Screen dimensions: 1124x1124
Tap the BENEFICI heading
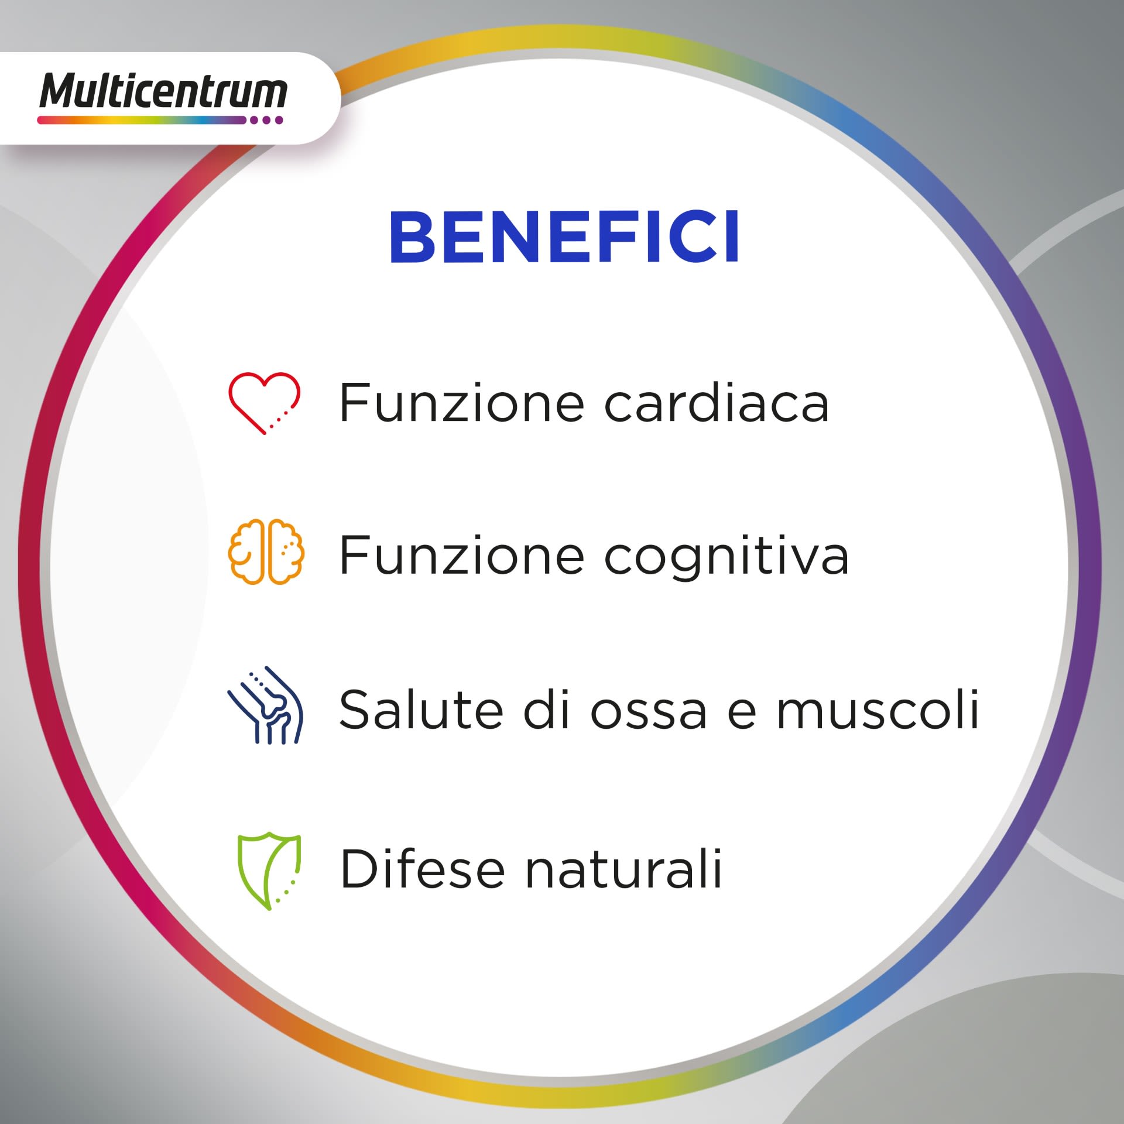click(x=564, y=237)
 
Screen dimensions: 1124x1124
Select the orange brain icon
click(x=266, y=551)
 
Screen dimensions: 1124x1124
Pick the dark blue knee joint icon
click(x=265, y=705)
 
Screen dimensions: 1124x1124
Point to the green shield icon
click(x=269, y=871)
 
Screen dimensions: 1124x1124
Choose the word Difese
click(x=422, y=869)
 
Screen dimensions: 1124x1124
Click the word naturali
click(x=624, y=869)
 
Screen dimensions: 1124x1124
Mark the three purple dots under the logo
click(x=266, y=120)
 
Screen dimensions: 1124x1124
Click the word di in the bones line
click(x=546, y=710)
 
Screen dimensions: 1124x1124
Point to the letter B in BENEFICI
click(x=413, y=237)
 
